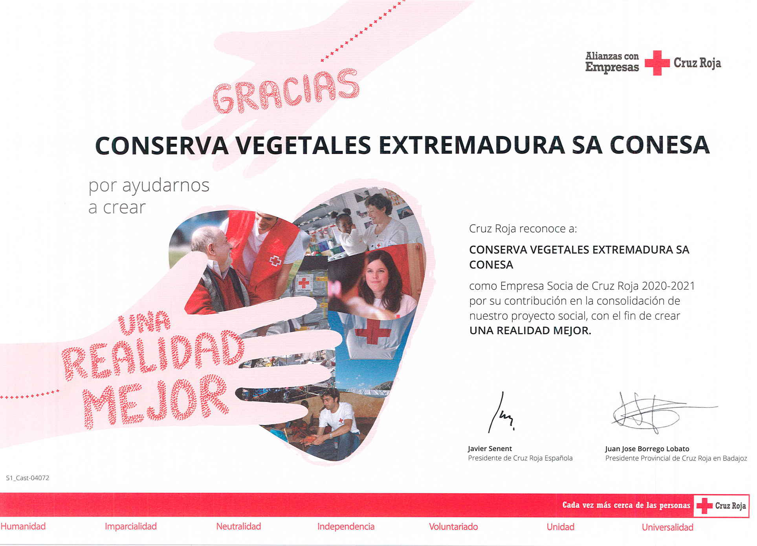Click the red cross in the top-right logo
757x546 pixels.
click(657, 63)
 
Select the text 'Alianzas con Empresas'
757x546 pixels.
click(612, 62)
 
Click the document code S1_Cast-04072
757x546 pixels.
click(27, 478)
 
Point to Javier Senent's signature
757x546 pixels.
click(500, 413)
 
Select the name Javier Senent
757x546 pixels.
click(490, 449)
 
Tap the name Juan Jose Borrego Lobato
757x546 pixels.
click(647, 449)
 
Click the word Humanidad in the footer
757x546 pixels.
click(23, 526)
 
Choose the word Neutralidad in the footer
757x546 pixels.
click(238, 526)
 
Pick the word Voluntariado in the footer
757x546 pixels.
click(453, 527)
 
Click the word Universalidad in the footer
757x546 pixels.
click(667, 527)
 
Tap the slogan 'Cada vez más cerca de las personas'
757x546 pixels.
click(626, 505)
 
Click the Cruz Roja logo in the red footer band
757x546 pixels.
click(722, 506)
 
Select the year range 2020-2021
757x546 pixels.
click(668, 286)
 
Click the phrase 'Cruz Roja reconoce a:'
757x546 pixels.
click(523, 229)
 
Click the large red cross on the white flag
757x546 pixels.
click(373, 331)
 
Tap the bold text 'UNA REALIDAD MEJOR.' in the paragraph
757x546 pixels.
click(530, 331)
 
